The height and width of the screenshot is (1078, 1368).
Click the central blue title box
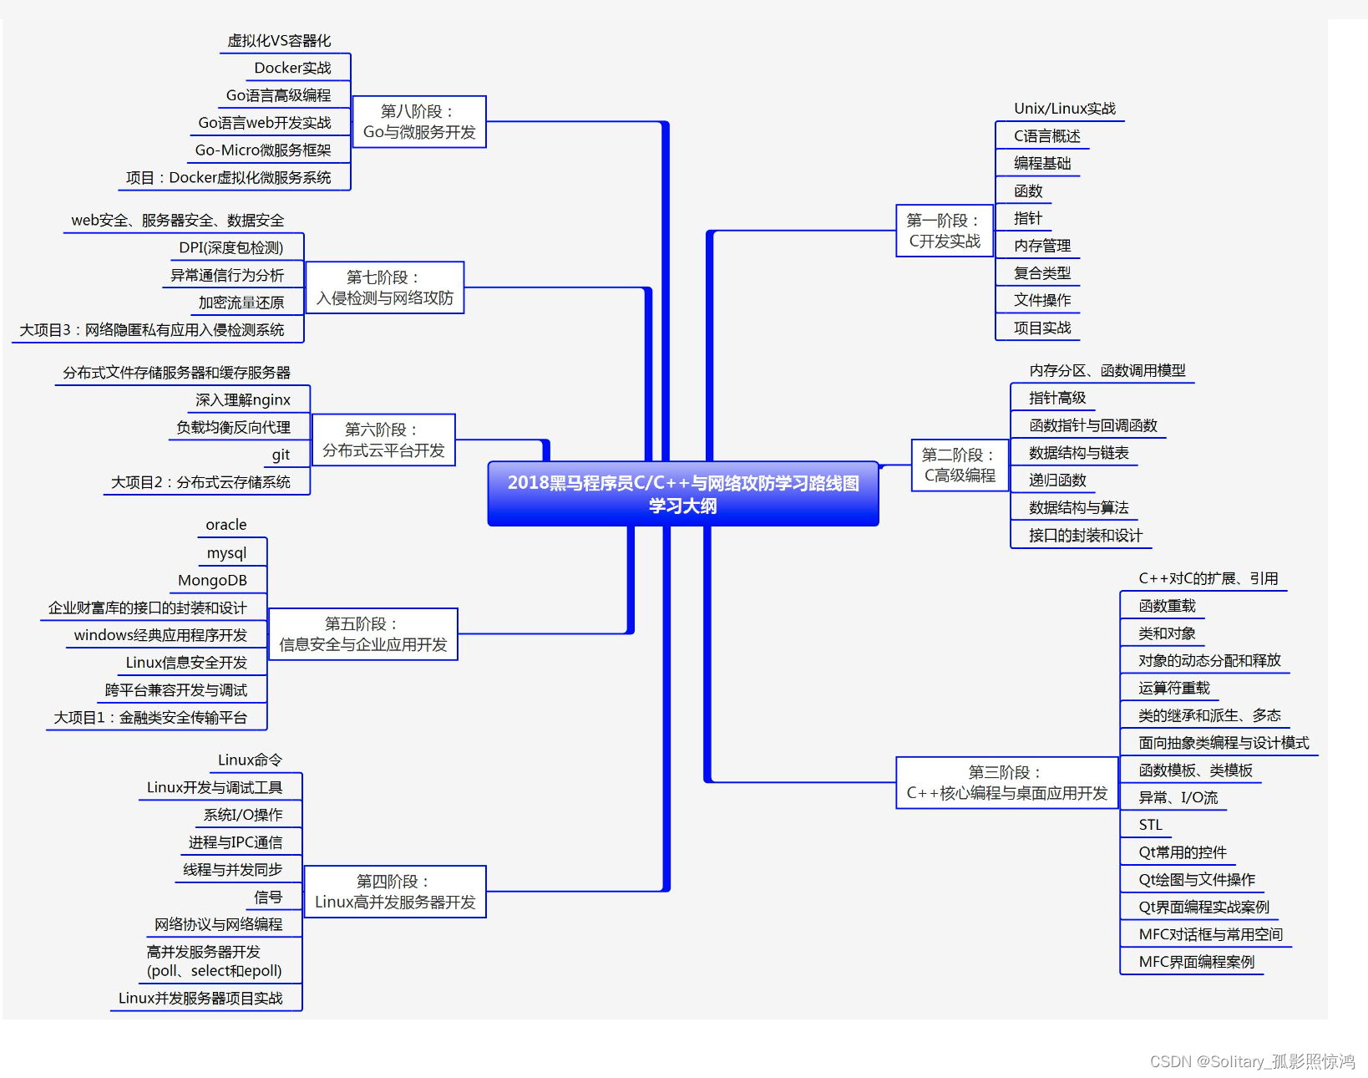click(x=682, y=494)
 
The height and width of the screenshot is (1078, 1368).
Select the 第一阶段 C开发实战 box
click(x=944, y=231)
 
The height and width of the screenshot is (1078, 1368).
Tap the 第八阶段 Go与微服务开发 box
click(x=418, y=122)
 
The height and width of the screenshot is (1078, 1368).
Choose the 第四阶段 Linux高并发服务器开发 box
click(x=394, y=892)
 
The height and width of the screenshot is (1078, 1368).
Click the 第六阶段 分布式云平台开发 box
click(x=383, y=440)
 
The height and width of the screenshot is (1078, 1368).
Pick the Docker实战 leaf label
click(x=292, y=68)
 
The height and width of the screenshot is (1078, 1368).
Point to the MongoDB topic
click(x=212, y=580)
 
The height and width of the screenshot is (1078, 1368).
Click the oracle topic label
click(x=226, y=525)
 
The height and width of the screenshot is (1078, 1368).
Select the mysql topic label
click(x=226, y=552)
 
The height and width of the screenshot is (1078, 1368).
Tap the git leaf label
click(x=281, y=455)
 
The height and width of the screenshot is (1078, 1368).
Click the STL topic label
click(x=1150, y=825)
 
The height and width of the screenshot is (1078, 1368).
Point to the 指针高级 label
click(x=1056, y=398)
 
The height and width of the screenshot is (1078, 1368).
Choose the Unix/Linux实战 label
click(x=1064, y=109)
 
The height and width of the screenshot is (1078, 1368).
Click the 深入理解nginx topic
click(x=243, y=399)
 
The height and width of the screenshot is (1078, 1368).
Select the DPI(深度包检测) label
click(x=231, y=247)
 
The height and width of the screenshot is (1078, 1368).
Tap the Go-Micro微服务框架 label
click(x=262, y=150)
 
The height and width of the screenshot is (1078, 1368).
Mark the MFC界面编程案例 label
click(x=1196, y=962)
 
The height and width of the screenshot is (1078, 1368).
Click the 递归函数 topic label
click(x=1056, y=481)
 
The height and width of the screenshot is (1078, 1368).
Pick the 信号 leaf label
click(x=268, y=897)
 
